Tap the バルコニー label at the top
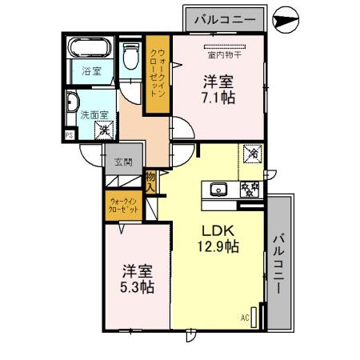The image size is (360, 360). tap(225, 18)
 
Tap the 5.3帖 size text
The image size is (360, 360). tap(138, 286)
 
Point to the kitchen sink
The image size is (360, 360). tap(218, 190)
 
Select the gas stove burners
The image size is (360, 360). tap(250, 190)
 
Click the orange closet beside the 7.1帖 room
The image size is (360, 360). tap(157, 75)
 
